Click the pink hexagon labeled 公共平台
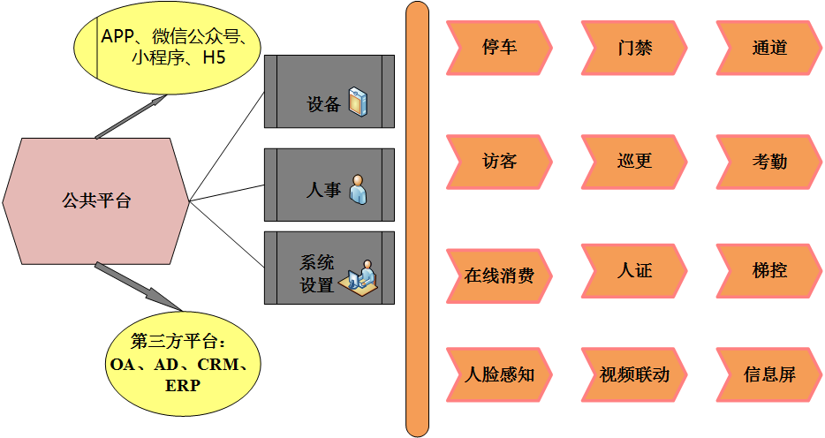pos(96,200)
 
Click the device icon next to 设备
pos(358,102)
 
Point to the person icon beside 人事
pos(358,189)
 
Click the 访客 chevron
pos(500,162)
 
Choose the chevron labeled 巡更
pos(634,162)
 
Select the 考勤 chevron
pos(768,162)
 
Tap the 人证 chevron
pos(634,271)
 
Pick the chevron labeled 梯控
pos(768,271)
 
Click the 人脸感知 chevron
pos(500,374)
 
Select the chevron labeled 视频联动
pos(634,374)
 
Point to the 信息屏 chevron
pos(768,374)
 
